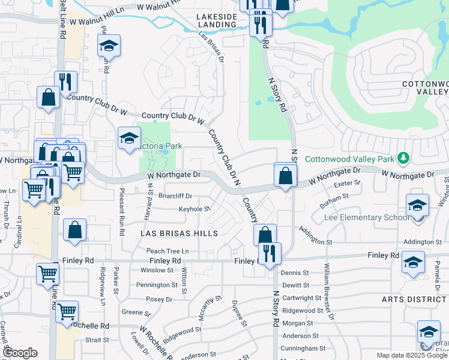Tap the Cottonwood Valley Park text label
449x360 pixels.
[349, 159]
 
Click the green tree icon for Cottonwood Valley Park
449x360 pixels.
[405, 158]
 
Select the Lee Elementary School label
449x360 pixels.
[366, 217]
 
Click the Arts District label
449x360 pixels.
[415, 299]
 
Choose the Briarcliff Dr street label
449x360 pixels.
[175, 196]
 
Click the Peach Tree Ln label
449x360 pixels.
[167, 250]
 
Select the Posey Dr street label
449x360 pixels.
[159, 299]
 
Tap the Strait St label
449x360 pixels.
[97, 340]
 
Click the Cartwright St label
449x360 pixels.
[303, 298]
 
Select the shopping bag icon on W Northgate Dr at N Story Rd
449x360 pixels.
[286, 176]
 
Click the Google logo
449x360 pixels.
[20, 353]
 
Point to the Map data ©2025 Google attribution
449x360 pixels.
[411, 355]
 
